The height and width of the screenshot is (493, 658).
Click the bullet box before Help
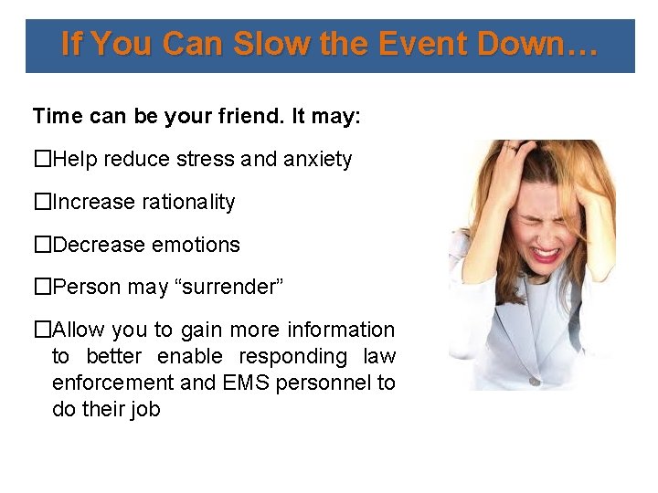click(42, 160)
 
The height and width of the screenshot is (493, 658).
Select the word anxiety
click(317, 160)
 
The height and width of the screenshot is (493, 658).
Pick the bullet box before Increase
click(42, 202)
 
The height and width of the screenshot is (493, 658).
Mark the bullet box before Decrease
click(42, 245)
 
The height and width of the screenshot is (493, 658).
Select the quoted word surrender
click(230, 287)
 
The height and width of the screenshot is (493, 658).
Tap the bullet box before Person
click(42, 287)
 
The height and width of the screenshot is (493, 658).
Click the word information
click(341, 330)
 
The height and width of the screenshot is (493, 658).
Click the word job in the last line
click(144, 409)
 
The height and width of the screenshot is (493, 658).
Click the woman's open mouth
click(547, 251)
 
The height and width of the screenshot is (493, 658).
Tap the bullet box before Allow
click(42, 330)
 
